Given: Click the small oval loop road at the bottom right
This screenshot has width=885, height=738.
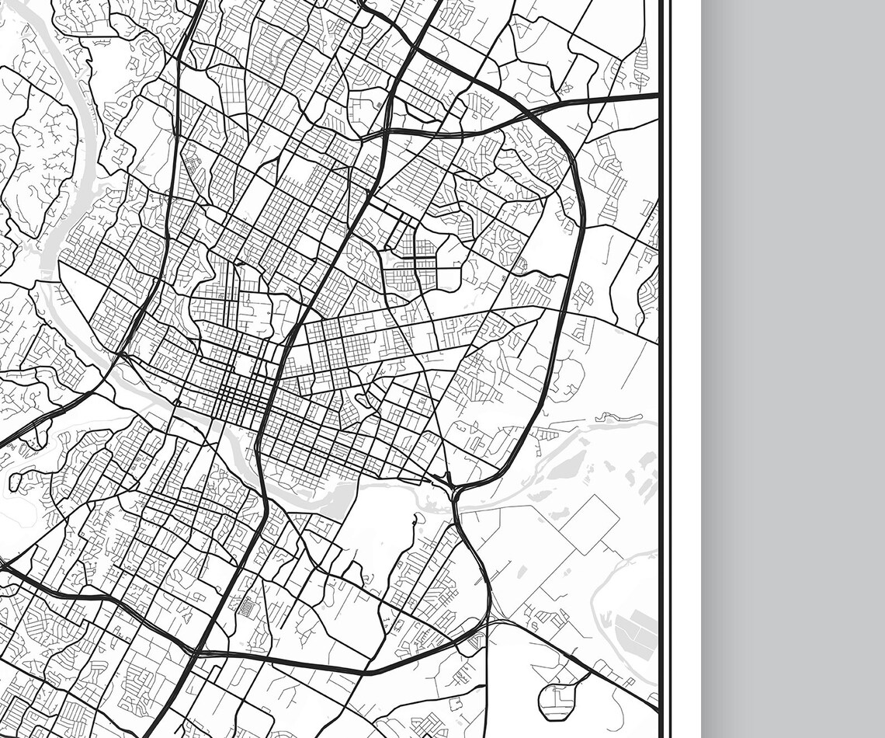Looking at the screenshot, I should (x=557, y=699).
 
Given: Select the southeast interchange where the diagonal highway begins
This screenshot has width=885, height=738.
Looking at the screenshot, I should (x=488, y=621).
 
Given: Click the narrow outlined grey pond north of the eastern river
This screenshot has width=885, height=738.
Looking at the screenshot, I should (x=606, y=418).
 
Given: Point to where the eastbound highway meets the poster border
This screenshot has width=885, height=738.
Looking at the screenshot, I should (x=658, y=96).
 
